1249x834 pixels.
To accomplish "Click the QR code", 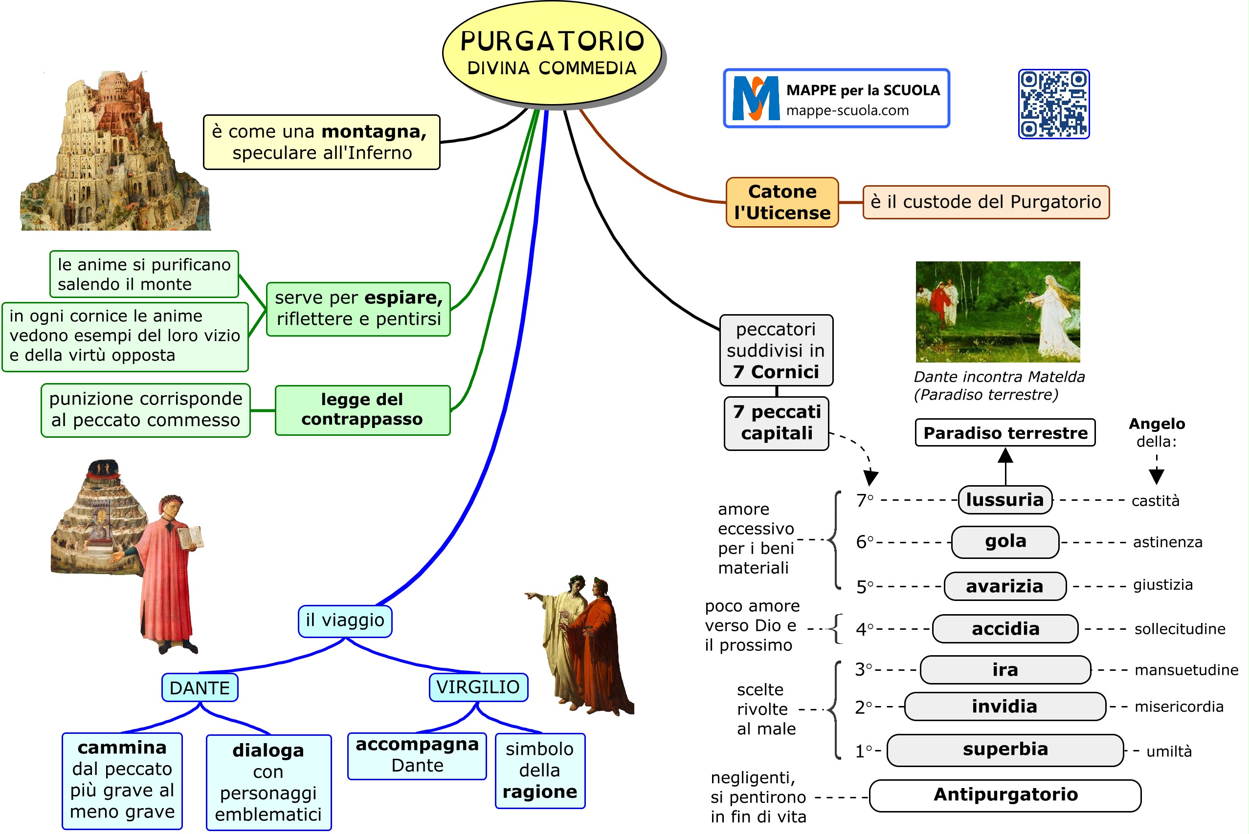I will tap(1053, 104).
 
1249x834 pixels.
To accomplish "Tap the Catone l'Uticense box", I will tap(781, 202).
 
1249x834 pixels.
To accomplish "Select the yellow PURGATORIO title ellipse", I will tap(552, 53).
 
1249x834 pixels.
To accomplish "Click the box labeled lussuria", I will tap(1004, 500).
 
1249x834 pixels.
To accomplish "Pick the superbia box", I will tap(1004, 749).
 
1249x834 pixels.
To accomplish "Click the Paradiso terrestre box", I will tap(1004, 433).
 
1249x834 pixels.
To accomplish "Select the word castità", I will tap(1155, 501).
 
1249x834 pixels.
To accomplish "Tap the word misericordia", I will tap(1178, 707).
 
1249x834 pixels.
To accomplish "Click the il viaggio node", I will tap(345, 620).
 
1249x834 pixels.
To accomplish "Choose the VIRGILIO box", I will tap(478, 687).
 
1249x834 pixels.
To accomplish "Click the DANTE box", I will tap(200, 688).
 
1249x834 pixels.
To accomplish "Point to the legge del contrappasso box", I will tap(362, 410).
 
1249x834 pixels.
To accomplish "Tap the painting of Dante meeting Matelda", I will tap(997, 312).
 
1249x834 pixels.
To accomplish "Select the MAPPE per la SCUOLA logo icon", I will tap(756, 98).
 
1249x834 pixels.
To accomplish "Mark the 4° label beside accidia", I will tap(864, 630).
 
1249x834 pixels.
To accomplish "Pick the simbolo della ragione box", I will tap(539, 770).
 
